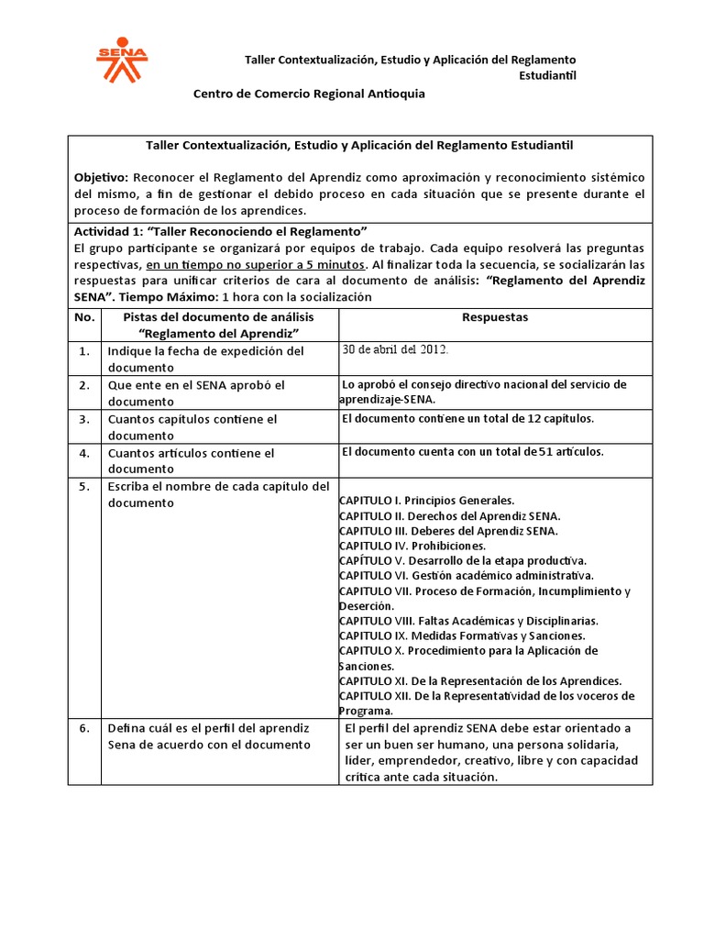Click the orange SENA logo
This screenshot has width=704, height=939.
point(122,58)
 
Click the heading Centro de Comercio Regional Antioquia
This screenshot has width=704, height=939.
point(308,94)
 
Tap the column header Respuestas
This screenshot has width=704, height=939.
point(496,317)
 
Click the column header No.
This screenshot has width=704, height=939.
point(84,317)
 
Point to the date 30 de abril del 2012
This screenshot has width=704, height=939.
point(396,349)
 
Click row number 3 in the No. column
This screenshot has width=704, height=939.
point(84,419)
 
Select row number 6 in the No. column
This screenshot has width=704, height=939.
point(84,728)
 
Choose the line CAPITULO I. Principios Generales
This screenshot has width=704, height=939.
point(426,501)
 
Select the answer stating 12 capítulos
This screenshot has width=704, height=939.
point(467,418)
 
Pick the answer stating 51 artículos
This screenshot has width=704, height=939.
point(472,451)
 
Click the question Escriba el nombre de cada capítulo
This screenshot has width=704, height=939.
point(218,494)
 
